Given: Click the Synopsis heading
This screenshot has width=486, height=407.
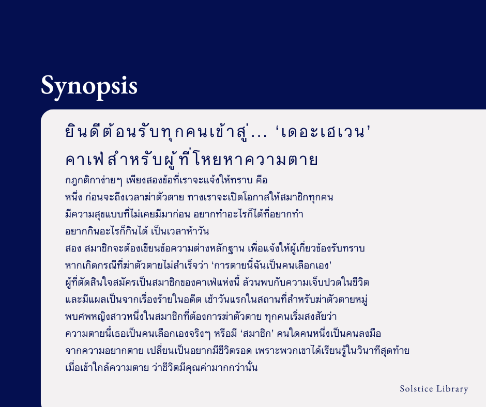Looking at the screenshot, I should coord(89,85).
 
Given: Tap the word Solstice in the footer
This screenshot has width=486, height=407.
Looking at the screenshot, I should coord(417,389).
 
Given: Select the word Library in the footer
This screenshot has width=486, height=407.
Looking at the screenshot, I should coord(453,389).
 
